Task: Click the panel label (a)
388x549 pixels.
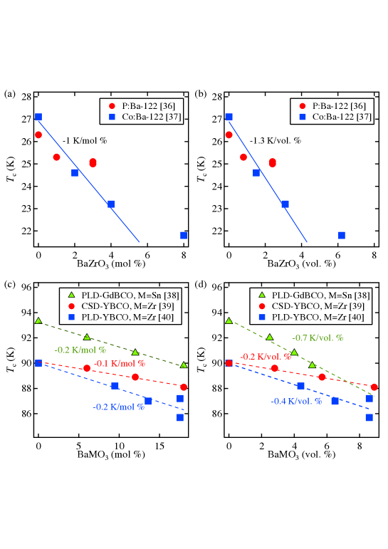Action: click(x=10, y=94)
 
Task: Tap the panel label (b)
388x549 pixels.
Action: click(x=201, y=94)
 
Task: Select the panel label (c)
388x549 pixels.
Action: click(x=10, y=285)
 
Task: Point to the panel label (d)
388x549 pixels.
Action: click(x=201, y=285)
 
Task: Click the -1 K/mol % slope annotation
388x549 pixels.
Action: click(x=85, y=140)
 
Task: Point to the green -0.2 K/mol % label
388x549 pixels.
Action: click(x=80, y=350)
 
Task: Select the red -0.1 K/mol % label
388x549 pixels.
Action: click(x=120, y=363)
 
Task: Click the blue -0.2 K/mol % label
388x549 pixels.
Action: click(x=118, y=407)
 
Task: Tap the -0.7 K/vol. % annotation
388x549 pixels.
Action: click(x=318, y=338)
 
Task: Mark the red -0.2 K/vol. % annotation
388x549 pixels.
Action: click(x=266, y=357)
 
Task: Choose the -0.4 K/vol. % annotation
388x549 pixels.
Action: click(x=297, y=401)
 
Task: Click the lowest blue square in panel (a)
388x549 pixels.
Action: click(x=184, y=235)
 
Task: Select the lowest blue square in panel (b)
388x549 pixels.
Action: click(x=342, y=235)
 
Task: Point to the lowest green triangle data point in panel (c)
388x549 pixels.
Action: click(x=184, y=365)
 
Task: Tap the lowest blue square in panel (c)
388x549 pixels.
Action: click(x=180, y=417)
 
